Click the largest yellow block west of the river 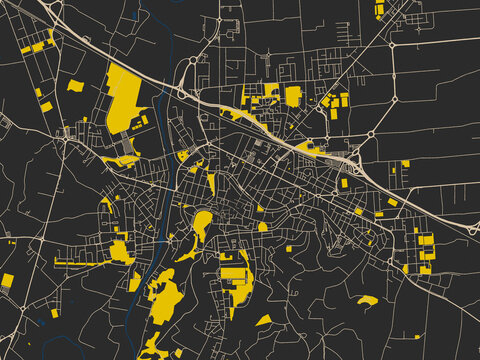pyautogui.click(x=124, y=98)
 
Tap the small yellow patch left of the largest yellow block pyautogui.click(x=75, y=86)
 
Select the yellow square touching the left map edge pyautogui.click(x=6, y=279)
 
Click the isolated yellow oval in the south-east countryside pyautogui.click(x=367, y=300)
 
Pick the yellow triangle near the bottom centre pyautogui.click(x=264, y=320)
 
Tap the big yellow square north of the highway pyautogui.click(x=293, y=96)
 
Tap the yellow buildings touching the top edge pyautogui.click(x=380, y=10)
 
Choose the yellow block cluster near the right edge pyautogui.click(x=425, y=250)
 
